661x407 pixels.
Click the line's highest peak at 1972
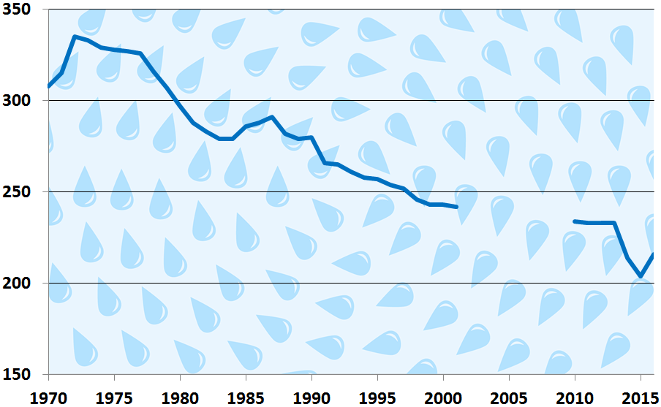75,37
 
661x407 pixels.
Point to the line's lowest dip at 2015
641,276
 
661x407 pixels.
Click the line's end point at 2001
456,207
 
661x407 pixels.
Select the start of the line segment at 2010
575,221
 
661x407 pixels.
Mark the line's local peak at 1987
272,117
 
